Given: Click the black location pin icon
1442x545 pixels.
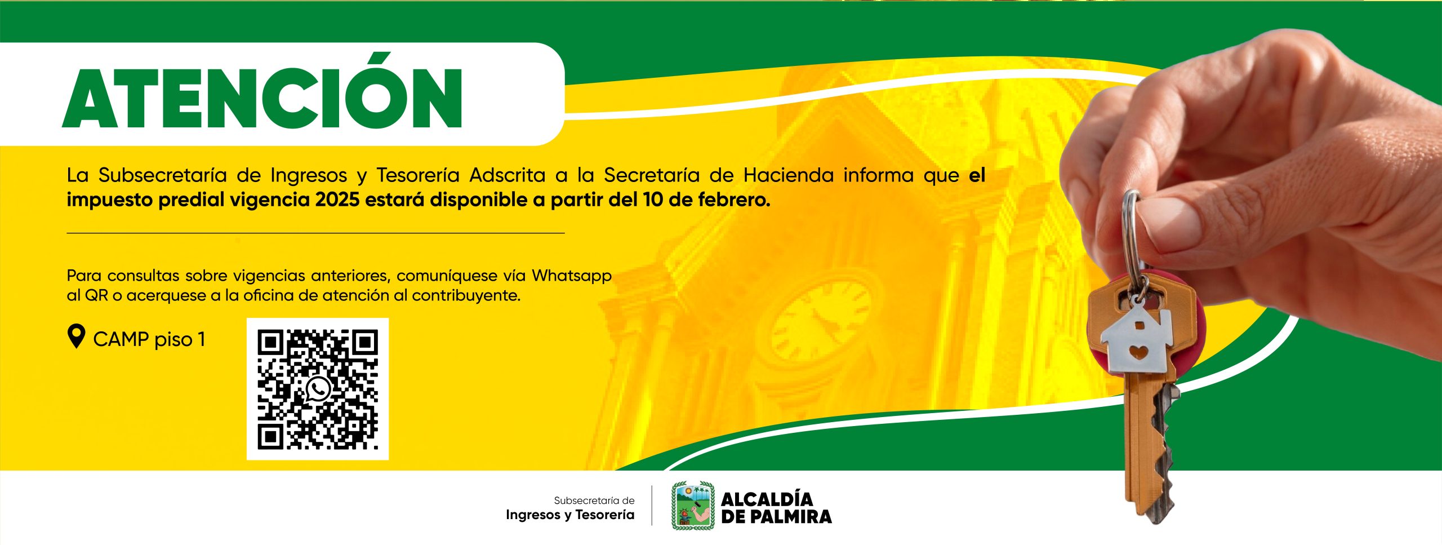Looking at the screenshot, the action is click(76, 337).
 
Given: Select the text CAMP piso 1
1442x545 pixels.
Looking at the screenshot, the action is click(149, 339).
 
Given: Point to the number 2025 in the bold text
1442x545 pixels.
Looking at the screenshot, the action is click(337, 200).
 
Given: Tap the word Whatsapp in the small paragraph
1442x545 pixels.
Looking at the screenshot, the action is click(572, 276).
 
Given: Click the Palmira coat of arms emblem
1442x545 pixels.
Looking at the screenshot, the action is click(693, 506).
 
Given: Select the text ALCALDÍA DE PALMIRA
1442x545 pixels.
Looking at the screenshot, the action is click(776, 508).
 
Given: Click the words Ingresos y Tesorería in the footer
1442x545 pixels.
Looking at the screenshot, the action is click(570, 515).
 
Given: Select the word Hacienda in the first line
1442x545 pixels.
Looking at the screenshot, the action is click(788, 175).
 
